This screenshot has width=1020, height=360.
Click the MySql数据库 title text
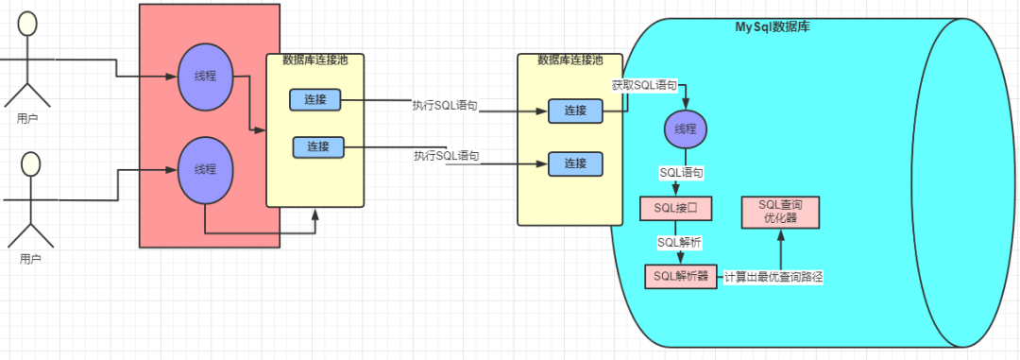click(x=772, y=26)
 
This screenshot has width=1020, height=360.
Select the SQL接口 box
click(x=674, y=207)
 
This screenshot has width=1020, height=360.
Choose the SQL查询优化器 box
click(x=779, y=211)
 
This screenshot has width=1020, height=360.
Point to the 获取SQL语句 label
click(x=644, y=85)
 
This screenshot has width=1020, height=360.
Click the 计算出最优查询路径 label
click(x=775, y=277)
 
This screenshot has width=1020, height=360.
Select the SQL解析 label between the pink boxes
click(x=679, y=242)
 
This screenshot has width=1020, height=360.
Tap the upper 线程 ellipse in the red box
click(x=205, y=77)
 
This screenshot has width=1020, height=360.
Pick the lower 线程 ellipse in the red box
click(x=205, y=169)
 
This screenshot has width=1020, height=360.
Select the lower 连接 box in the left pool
click(x=317, y=146)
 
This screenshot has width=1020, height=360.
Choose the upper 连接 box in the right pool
click(x=575, y=111)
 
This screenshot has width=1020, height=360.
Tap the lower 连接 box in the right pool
click(x=575, y=163)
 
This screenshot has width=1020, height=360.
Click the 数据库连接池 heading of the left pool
click(x=315, y=60)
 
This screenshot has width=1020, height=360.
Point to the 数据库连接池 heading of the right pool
click(x=569, y=60)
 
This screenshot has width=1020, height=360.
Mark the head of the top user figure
click(x=30, y=24)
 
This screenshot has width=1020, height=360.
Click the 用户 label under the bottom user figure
click(x=31, y=257)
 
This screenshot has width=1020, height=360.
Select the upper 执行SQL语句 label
click(x=445, y=105)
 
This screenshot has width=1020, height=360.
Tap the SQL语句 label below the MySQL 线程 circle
click(x=680, y=174)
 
